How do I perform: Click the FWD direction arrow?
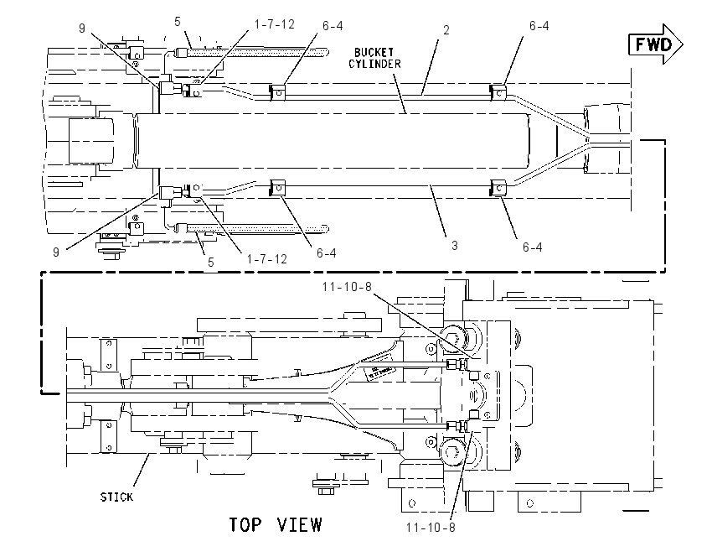655,44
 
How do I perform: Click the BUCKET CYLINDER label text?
374,58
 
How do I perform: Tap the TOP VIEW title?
276,525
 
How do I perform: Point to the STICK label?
116,497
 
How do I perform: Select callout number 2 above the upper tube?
446,30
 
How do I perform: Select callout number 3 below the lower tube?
455,246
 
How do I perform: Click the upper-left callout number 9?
82,29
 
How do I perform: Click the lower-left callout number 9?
56,252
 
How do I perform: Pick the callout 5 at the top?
177,21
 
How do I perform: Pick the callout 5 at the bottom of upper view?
211,263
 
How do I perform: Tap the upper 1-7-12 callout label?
274,24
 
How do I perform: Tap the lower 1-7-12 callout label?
267,259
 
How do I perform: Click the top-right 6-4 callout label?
539,26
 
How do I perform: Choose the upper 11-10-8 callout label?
347,286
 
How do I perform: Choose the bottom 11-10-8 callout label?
431,528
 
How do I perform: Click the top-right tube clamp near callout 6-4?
498,93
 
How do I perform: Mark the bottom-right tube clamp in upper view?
498,188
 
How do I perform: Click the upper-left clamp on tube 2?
277,93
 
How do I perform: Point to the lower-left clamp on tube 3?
277,188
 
